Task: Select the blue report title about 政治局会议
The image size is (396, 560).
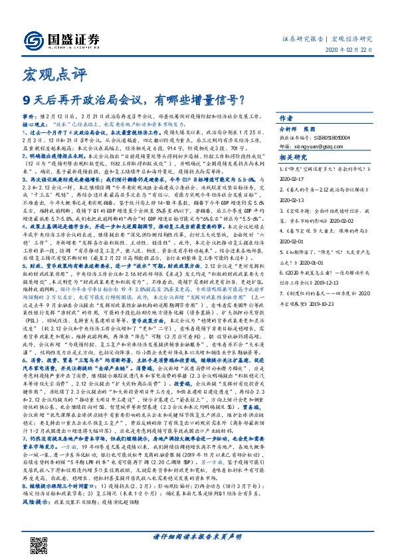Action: click(x=133, y=101)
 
